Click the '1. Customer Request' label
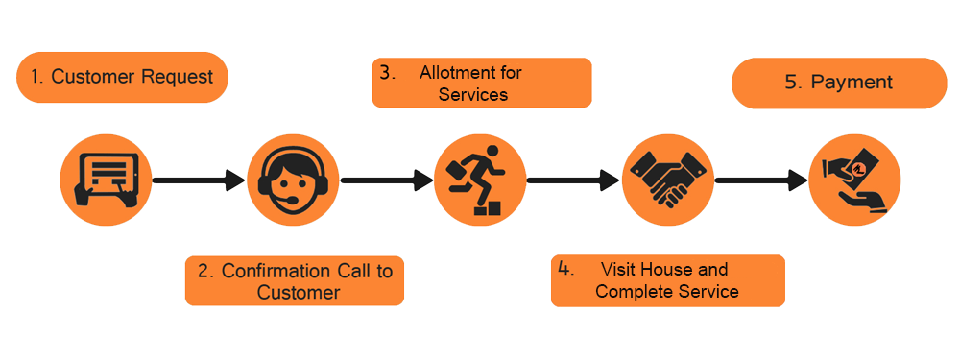tap(122, 77)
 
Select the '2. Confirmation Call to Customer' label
tap(295, 281)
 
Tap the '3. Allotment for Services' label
tap(481, 84)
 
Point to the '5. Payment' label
tap(838, 83)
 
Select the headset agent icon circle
tap(294, 180)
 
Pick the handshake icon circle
tap(667, 180)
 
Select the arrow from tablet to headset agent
tap(200, 180)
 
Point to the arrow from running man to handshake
tap(574, 180)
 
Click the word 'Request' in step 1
tap(179, 77)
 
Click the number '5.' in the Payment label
tap(793, 83)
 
